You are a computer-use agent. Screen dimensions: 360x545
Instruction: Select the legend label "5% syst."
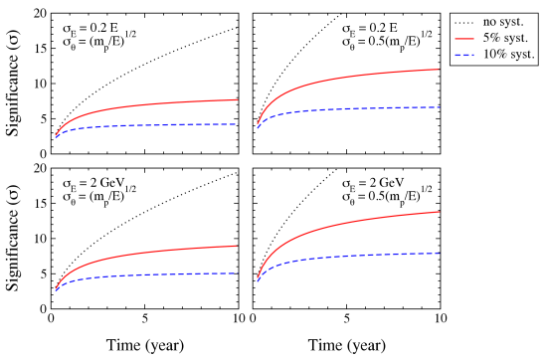point(504,38)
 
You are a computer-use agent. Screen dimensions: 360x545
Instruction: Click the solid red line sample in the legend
point(464,38)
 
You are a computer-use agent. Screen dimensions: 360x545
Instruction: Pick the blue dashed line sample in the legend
point(464,54)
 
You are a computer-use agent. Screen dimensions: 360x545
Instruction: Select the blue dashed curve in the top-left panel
point(149,125)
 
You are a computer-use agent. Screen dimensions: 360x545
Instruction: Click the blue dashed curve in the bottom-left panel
point(149,275)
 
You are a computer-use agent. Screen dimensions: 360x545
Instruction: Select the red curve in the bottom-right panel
point(348,223)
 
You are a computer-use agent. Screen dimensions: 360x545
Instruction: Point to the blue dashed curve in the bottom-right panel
point(348,258)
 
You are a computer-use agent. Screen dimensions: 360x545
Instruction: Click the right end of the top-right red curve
point(439,70)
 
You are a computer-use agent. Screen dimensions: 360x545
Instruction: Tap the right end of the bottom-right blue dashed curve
point(439,253)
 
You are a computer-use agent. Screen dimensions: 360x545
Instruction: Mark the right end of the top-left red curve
point(237,99)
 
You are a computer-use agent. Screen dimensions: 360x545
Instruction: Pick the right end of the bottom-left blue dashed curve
point(237,273)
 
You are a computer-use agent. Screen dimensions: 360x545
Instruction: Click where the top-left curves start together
point(56,136)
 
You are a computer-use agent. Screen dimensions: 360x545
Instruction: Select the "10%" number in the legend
point(494,54)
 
